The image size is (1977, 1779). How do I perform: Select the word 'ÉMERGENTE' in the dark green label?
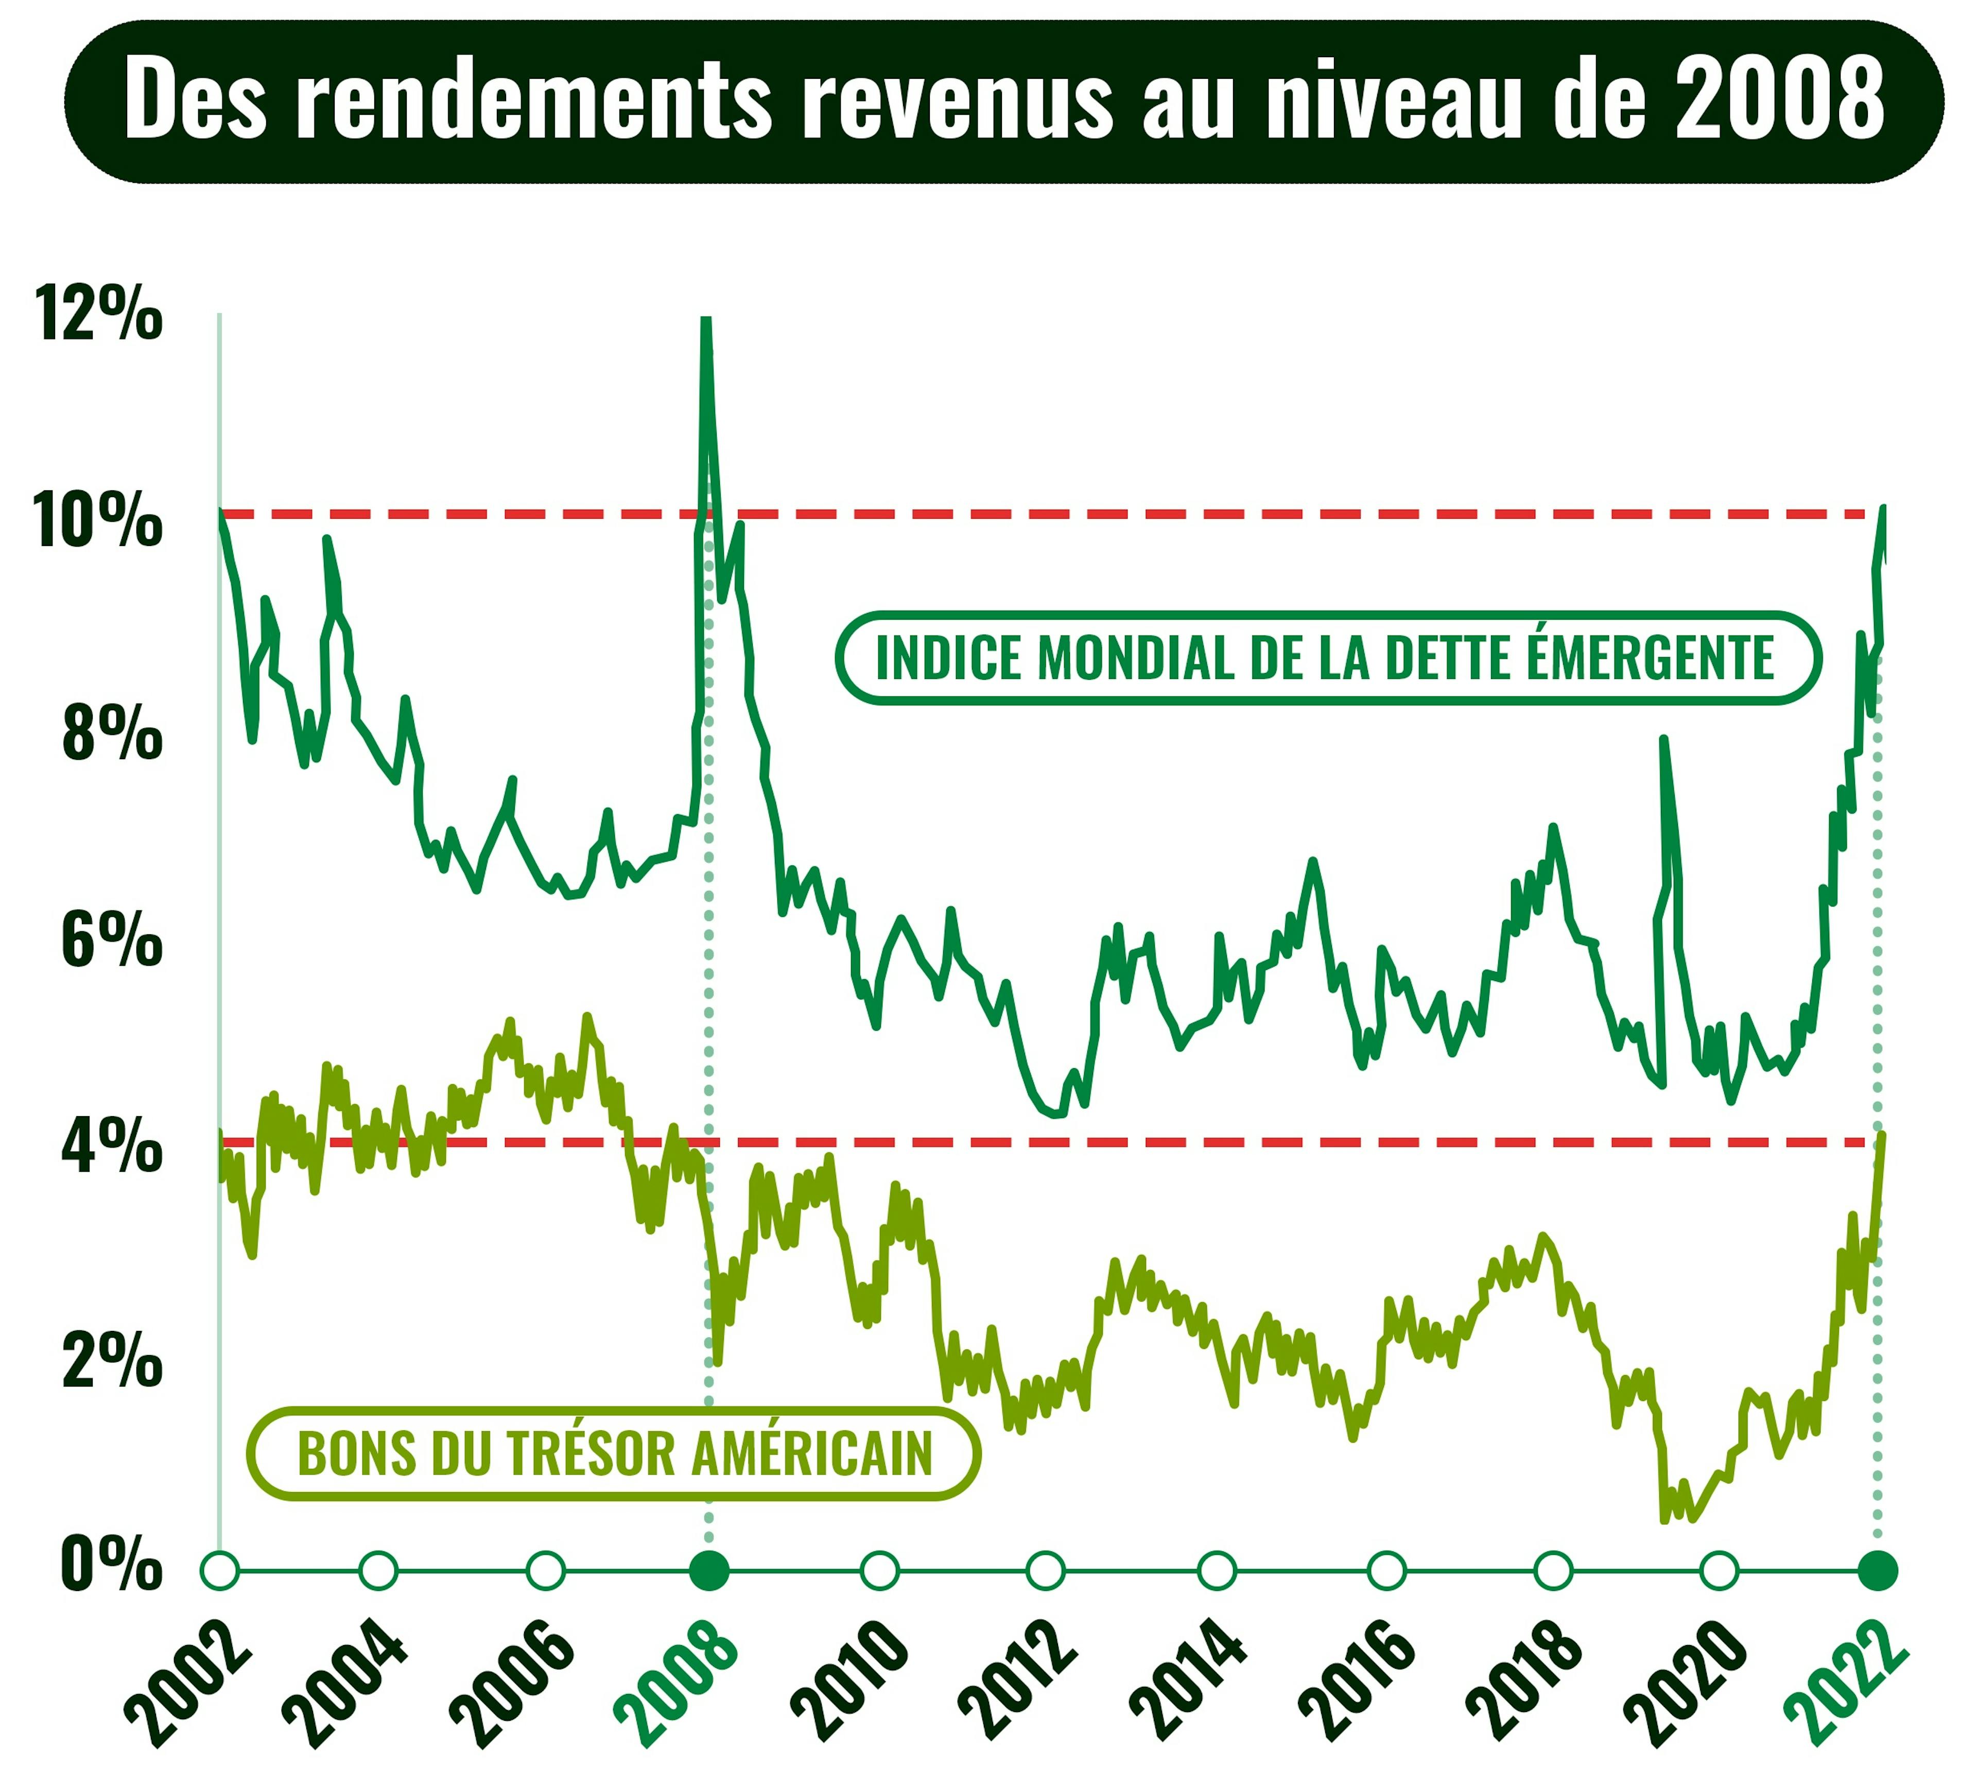[1650, 658]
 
